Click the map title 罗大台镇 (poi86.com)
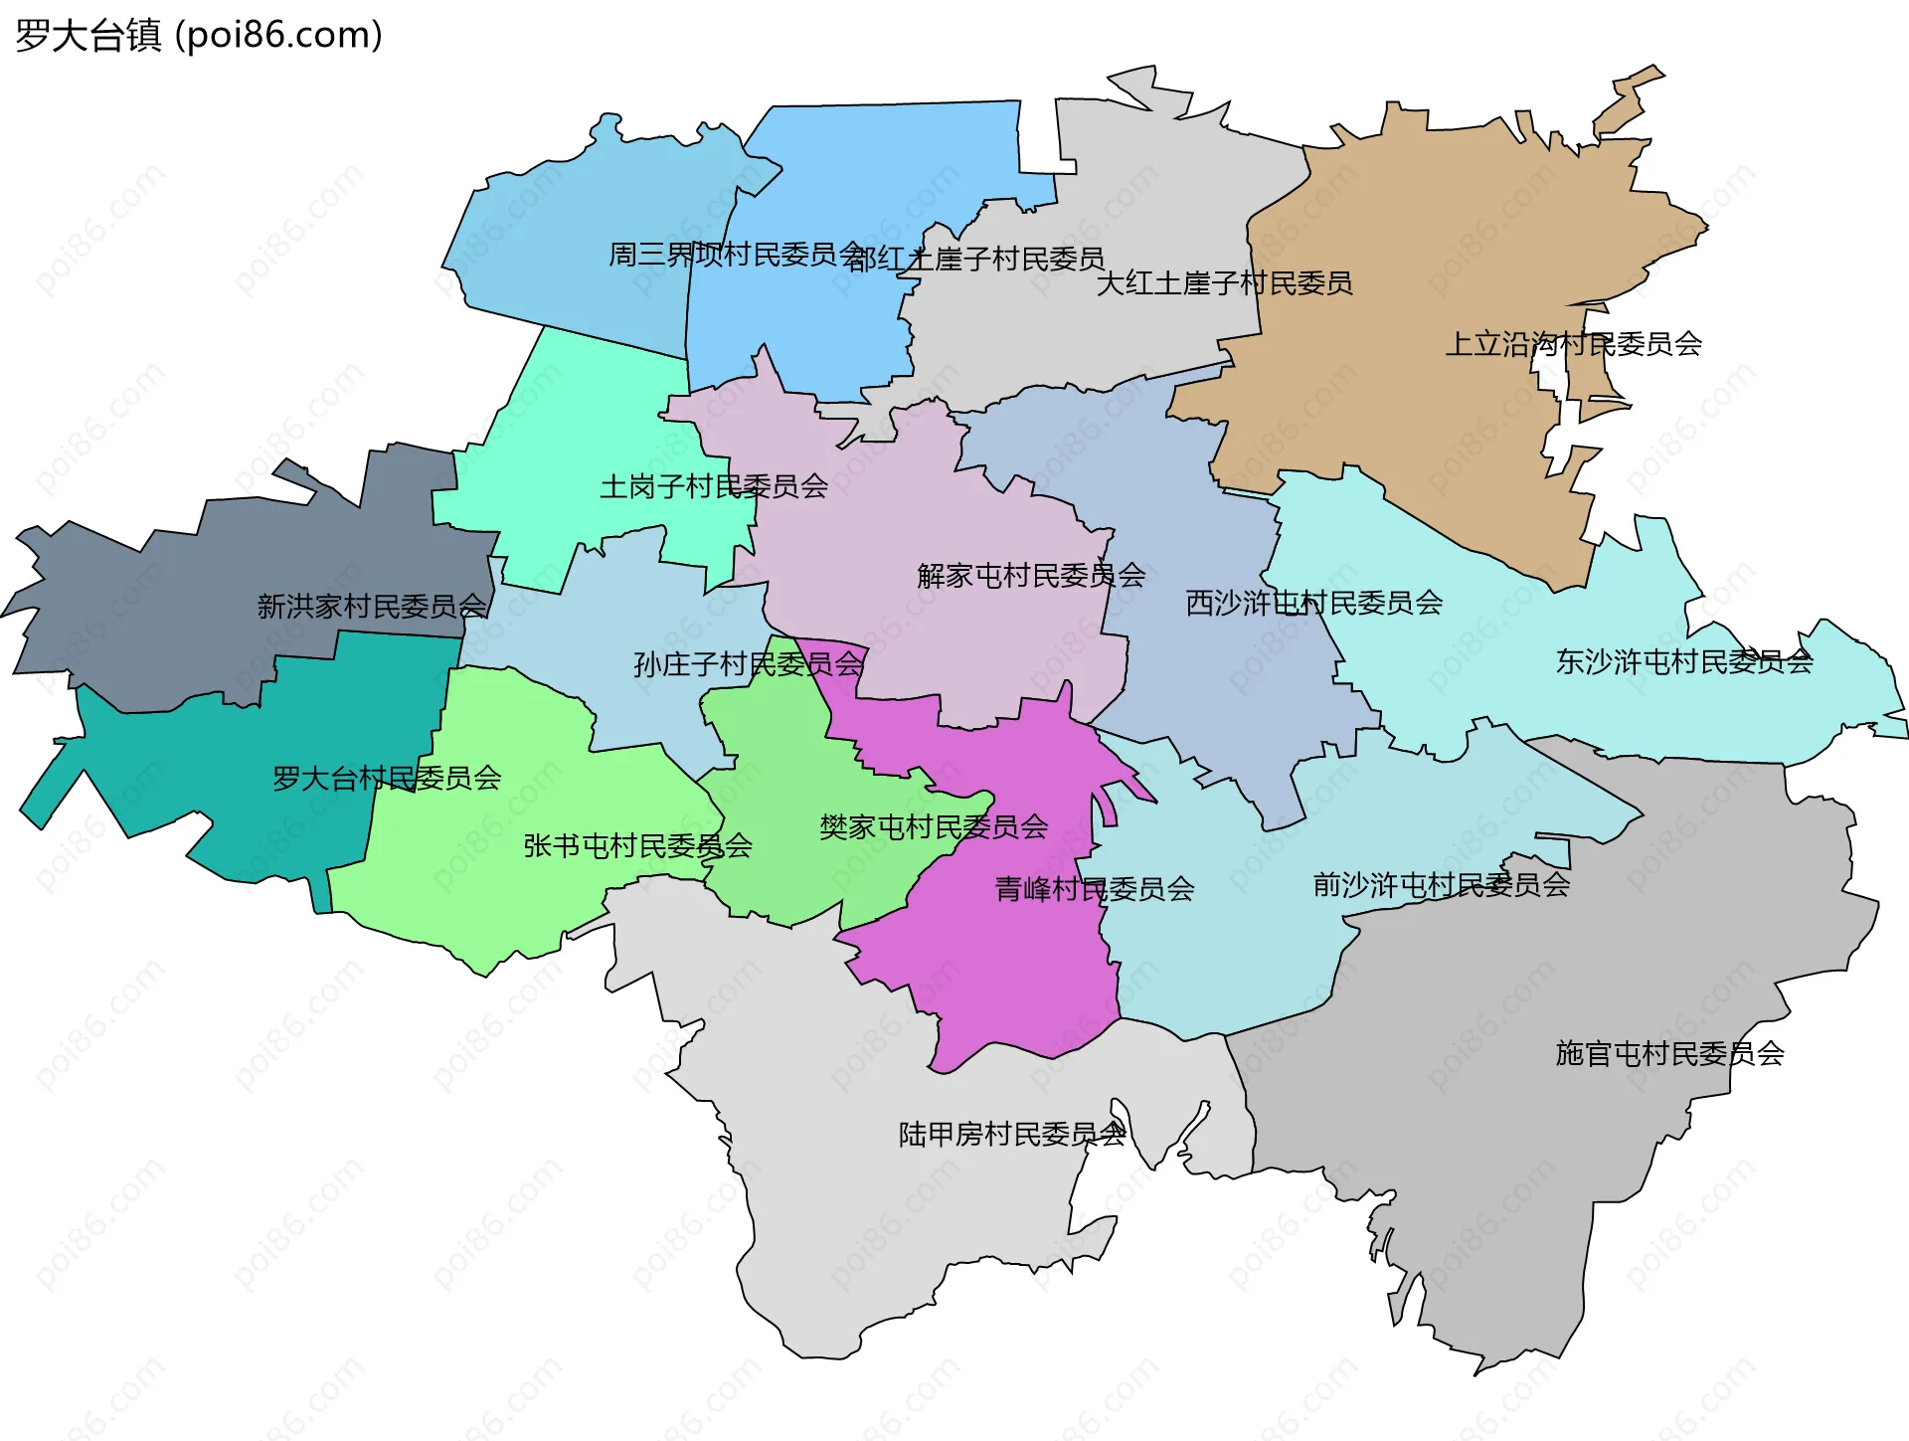(199, 36)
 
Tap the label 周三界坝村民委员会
(736, 255)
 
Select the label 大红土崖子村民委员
(1224, 283)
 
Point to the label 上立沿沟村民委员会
(1573, 344)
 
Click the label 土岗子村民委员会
(714, 486)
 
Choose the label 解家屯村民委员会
(1031, 575)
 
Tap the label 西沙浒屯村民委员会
(1313, 603)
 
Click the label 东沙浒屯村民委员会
(1684, 661)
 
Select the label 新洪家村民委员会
(372, 606)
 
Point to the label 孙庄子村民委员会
(749, 664)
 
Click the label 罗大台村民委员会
(387, 778)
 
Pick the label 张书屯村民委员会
(637, 846)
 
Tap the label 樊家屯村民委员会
(934, 826)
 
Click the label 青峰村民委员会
(1095, 889)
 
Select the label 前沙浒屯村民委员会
(1442, 884)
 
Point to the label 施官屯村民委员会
(1669, 1053)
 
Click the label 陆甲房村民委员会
(1012, 1134)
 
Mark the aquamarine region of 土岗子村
(577, 418)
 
